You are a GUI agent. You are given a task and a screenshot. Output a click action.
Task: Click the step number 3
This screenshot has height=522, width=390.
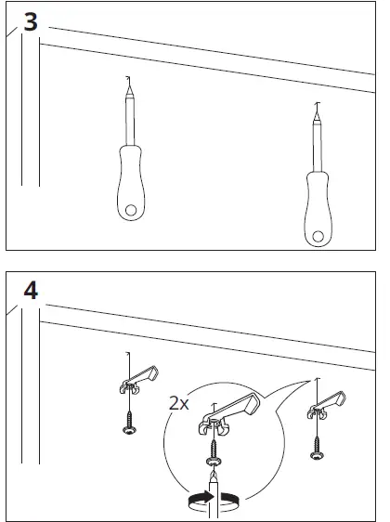point(30,22)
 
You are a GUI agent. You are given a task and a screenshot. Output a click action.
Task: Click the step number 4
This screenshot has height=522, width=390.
point(30,291)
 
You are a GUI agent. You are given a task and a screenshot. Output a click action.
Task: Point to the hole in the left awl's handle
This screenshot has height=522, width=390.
point(133,209)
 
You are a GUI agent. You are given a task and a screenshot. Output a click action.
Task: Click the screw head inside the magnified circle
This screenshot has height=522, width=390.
point(214,458)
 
